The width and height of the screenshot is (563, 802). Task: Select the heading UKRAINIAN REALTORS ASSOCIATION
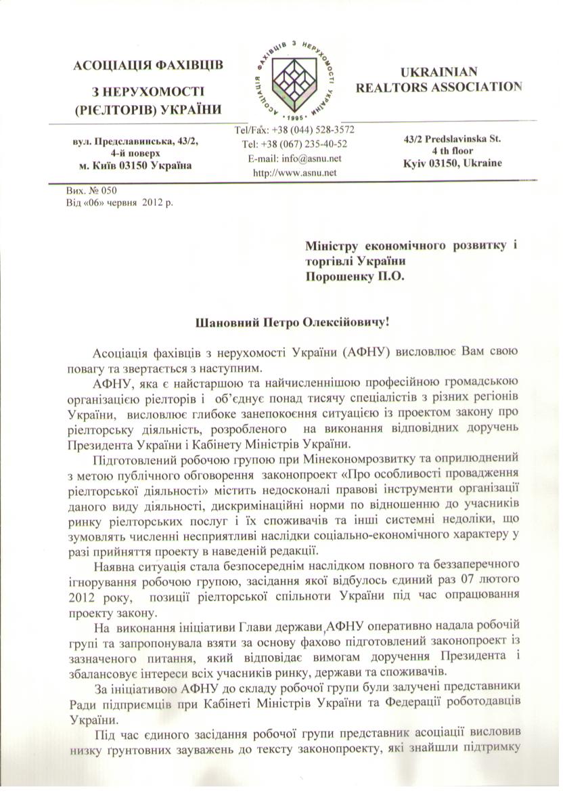point(449,80)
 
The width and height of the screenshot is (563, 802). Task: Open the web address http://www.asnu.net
point(294,172)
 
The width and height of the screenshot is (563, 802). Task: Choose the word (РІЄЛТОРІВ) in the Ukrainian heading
point(111,108)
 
